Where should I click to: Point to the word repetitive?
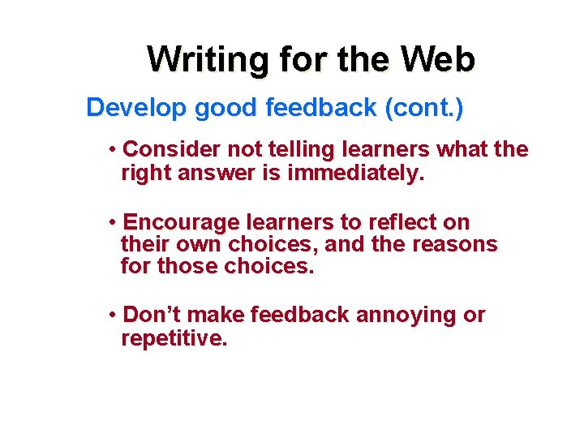pyautogui.click(x=173, y=338)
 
